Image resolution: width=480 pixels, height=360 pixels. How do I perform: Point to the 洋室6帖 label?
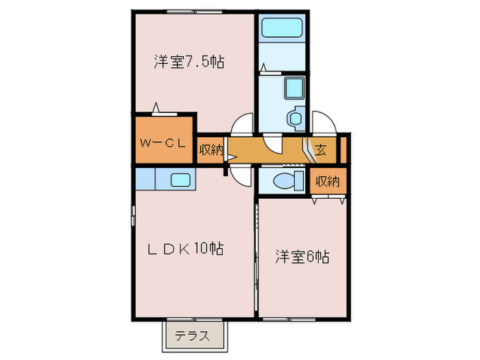click(x=302, y=257)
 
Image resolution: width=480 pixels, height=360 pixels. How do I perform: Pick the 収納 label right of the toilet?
click(x=328, y=181)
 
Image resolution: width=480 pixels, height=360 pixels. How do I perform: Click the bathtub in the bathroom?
click(x=281, y=28)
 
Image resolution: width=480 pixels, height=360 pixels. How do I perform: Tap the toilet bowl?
click(x=284, y=182)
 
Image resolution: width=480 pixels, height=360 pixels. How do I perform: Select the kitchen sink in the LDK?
click(x=180, y=180)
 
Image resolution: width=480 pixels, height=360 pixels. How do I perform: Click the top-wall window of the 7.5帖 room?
click(x=187, y=11)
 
